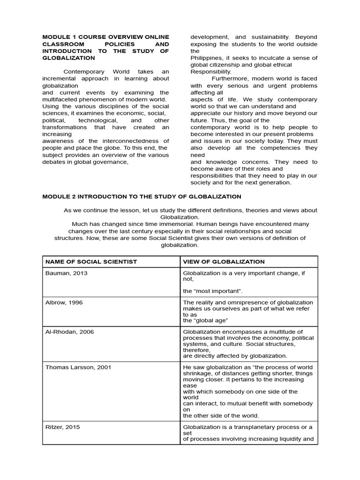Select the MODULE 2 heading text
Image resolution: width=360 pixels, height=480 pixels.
[x=142, y=196]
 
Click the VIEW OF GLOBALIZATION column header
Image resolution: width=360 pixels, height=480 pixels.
[x=224, y=262]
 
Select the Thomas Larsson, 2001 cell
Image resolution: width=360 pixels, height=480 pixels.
[x=78, y=367]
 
